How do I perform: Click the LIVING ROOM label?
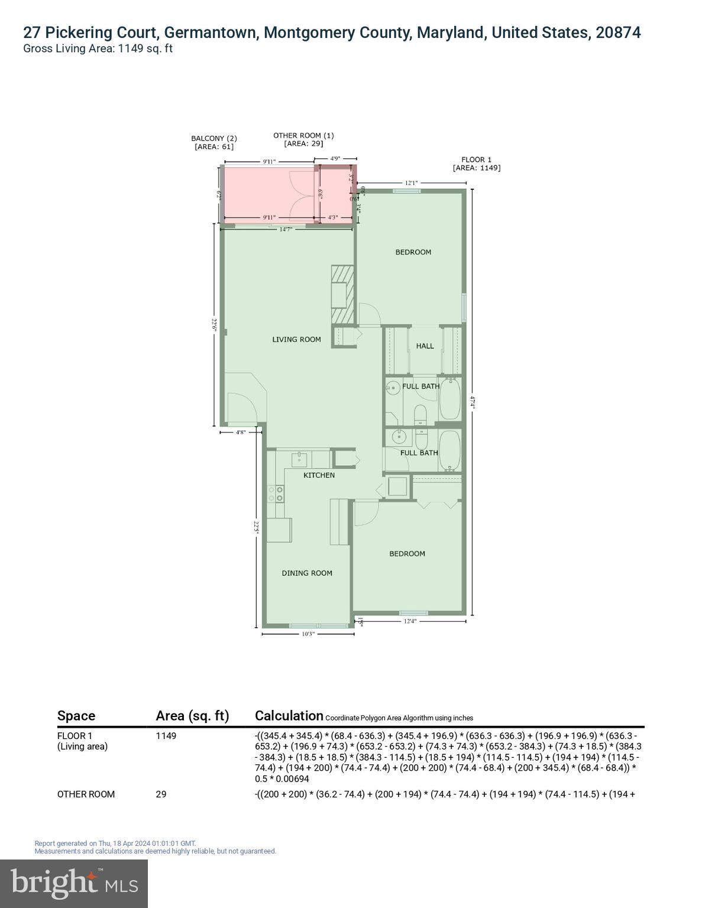tap(296, 339)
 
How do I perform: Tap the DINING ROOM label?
tap(306, 573)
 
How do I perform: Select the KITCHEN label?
tap(319, 475)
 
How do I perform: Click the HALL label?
tap(425, 346)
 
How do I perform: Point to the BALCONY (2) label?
tap(213, 142)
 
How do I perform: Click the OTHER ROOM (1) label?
tap(303, 140)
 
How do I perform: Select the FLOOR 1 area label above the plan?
tap(476, 164)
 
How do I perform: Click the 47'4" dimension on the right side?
tap(472, 403)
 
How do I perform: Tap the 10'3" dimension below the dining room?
tap(308, 634)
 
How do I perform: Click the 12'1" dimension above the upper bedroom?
tap(412, 183)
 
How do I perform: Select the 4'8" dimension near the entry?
tap(241, 433)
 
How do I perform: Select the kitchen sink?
tap(299, 458)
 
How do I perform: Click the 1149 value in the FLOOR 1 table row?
tap(166, 736)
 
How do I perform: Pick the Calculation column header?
tap(289, 716)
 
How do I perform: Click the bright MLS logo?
tap(74, 883)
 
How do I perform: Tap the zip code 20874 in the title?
tap(618, 33)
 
